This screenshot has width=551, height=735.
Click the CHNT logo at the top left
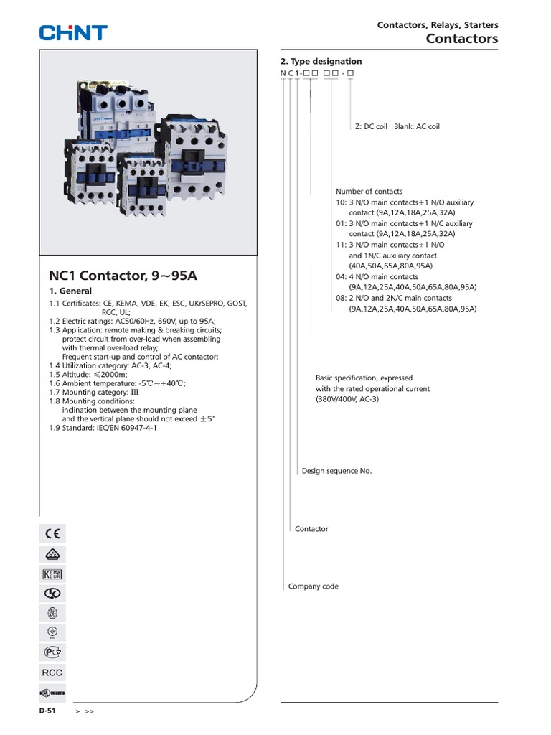[x=73, y=32]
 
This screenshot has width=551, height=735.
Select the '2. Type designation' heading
[x=321, y=62]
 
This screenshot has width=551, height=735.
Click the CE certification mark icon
[x=52, y=533]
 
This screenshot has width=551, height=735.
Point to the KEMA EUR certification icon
[x=52, y=574]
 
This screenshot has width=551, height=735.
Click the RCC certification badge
[x=52, y=673]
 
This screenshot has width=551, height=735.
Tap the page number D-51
[x=47, y=711]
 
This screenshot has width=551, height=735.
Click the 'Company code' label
[x=313, y=586]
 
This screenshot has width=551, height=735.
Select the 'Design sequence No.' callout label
[x=336, y=471]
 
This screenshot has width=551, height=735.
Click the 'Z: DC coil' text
[x=371, y=126]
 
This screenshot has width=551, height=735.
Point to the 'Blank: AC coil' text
[x=416, y=126]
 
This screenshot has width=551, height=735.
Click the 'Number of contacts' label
[x=369, y=192]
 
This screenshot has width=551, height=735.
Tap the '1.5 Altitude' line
[x=88, y=375]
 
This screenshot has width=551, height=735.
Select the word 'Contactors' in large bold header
[x=461, y=39]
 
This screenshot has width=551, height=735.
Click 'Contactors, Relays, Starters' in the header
[x=438, y=25]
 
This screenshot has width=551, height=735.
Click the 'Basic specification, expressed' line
[x=364, y=378]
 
